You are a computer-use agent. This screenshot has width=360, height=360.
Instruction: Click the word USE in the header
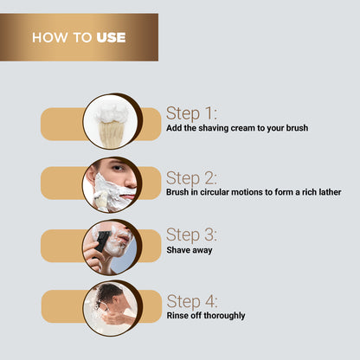tap(111, 37)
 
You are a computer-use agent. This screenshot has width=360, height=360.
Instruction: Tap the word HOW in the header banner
tap(47, 37)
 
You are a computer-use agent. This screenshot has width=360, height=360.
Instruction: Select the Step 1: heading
tap(191, 113)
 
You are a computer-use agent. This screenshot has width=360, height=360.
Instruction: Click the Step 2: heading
tap(192, 177)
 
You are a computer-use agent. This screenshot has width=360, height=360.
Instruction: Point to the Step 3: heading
tap(192, 235)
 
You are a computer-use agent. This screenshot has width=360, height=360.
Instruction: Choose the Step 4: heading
tap(192, 301)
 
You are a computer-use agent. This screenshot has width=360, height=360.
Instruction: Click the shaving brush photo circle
tap(112, 122)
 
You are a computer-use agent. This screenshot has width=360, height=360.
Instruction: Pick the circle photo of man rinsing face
tap(112, 308)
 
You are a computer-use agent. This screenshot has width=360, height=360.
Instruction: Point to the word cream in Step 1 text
tap(247, 128)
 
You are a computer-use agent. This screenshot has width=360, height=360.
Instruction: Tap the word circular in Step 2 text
tap(218, 192)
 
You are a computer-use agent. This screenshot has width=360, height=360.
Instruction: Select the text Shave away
tap(189, 249)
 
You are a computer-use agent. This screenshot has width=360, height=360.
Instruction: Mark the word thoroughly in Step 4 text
tap(223, 316)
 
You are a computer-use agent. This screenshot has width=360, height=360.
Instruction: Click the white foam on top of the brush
tap(112, 112)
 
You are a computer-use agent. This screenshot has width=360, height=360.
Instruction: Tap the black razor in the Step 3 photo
tap(103, 241)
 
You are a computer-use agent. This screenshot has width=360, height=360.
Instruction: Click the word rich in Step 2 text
tap(300, 192)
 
